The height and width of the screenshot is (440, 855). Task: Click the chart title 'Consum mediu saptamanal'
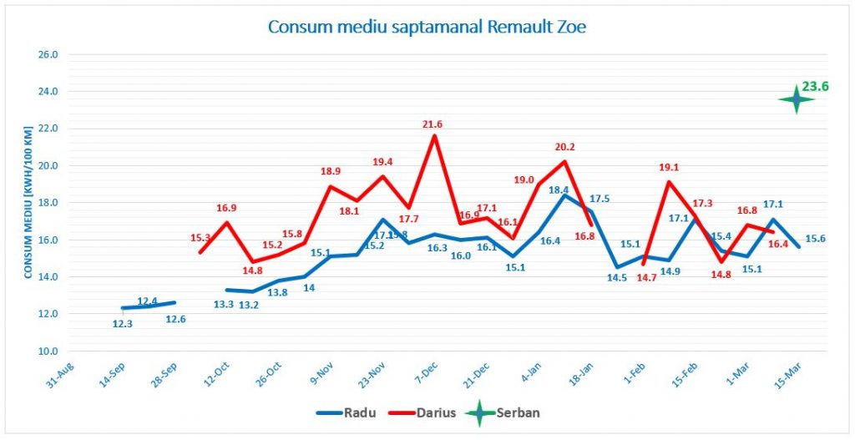(x=427, y=27)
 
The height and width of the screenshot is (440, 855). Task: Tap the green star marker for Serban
(x=796, y=99)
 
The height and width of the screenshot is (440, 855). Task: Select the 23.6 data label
(x=815, y=85)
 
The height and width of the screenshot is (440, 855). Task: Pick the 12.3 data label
(x=123, y=324)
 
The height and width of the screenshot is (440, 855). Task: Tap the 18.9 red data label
(x=331, y=171)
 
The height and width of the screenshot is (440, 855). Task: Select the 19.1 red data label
(x=669, y=166)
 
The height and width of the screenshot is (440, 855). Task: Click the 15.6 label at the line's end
(x=816, y=239)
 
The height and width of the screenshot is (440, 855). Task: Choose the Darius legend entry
(x=428, y=413)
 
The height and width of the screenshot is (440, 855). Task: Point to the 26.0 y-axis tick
(x=48, y=54)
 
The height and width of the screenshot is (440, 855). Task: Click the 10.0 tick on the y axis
(x=48, y=351)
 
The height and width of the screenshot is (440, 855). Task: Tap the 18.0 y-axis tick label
(x=48, y=203)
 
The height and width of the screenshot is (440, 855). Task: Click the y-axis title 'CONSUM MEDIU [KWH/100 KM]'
(x=28, y=202)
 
